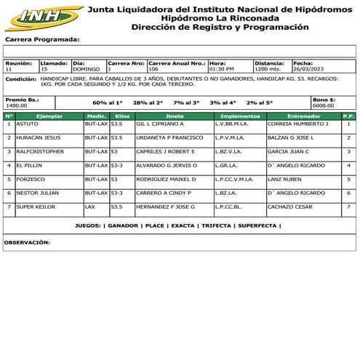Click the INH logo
click(42, 17)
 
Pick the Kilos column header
click(122, 116)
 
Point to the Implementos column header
click(239, 116)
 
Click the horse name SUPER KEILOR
click(36, 207)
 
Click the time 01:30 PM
click(222, 69)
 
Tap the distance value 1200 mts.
click(268, 69)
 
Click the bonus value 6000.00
click(323, 105)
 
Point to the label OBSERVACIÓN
click(27, 241)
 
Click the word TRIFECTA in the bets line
click(217, 226)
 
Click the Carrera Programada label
click(42, 40)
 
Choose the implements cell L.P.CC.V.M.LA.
click(234, 179)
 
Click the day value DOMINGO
click(86, 69)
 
